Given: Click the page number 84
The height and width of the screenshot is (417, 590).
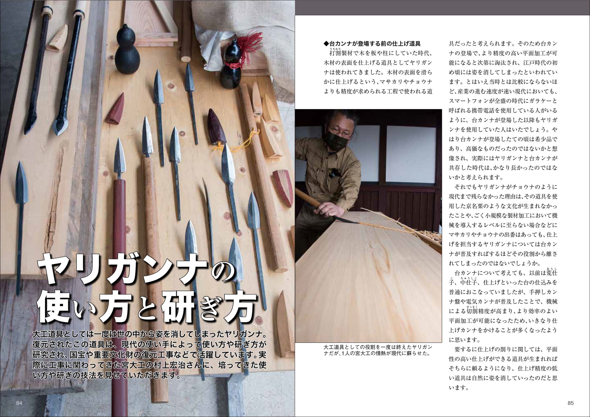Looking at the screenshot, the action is tap(19, 403).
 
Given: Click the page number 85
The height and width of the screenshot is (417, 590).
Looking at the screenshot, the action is tap(570, 403).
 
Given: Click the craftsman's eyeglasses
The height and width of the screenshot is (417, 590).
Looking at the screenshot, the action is tap(340, 131).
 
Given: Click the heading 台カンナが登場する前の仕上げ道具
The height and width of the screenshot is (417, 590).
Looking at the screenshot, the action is tap(372, 44).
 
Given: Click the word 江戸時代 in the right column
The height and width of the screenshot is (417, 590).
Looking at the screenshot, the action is tap(527, 63).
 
